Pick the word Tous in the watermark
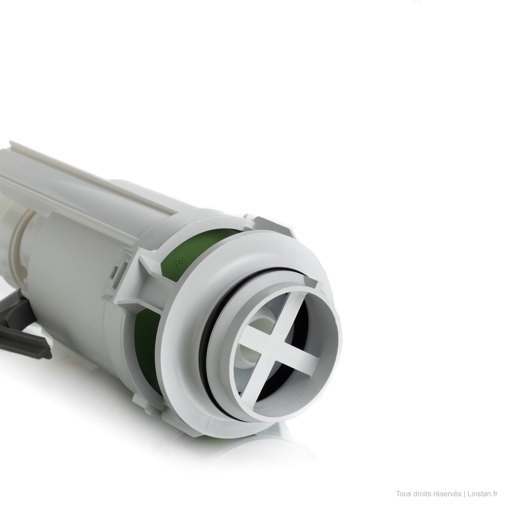click(403, 494)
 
